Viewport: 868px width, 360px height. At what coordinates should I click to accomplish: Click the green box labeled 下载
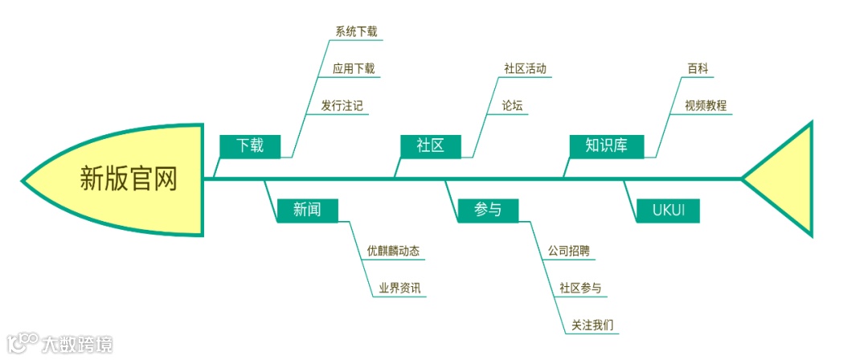[250, 145]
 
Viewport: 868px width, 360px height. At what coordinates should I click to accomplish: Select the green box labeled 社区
[431, 145]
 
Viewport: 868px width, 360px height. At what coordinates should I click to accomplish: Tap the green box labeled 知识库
[606, 145]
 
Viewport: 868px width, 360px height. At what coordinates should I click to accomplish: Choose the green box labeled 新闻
[307, 210]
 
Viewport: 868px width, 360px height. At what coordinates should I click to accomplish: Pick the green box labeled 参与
[488, 210]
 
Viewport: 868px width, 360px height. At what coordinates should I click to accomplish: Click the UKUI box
[667, 211]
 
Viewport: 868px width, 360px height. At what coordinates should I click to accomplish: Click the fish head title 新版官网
[129, 178]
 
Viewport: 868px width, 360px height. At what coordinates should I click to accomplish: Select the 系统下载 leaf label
[356, 32]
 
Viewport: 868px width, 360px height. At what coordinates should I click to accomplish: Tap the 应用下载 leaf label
[354, 69]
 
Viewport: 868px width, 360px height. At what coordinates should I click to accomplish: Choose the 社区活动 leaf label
[525, 69]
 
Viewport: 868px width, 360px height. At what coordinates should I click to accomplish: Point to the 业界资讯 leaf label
[395, 288]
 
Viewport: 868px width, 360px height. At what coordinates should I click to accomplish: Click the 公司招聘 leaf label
[569, 251]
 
